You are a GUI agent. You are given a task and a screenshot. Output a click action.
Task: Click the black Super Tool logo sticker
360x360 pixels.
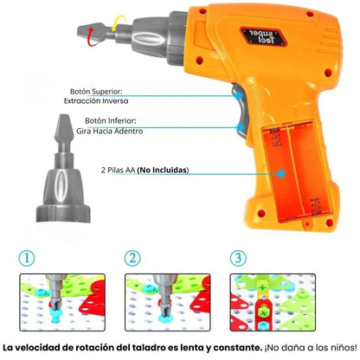click(263, 36)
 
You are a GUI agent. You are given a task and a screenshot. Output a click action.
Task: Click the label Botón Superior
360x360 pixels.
click(96, 92)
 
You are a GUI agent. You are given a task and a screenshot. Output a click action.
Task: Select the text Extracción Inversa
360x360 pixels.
click(96, 101)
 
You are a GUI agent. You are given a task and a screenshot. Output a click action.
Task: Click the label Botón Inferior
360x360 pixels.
click(111, 120)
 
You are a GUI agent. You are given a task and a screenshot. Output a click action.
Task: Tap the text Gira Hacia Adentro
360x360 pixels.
click(110, 131)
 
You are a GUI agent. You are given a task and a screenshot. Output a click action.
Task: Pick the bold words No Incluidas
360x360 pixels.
click(163, 170)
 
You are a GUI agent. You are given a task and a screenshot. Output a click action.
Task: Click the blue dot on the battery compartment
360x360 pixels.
click(281, 174)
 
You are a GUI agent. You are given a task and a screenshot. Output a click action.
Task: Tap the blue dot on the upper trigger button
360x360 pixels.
click(239, 95)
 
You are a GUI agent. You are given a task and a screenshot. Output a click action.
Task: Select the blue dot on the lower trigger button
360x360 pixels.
click(240, 127)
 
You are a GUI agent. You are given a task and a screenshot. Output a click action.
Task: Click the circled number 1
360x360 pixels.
click(27, 258)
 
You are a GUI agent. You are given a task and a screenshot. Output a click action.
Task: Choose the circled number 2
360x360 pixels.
click(132, 258)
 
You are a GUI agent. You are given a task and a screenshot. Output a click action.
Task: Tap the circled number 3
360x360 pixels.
click(238, 258)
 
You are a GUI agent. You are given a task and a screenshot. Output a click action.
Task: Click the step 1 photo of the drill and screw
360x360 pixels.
click(62, 302)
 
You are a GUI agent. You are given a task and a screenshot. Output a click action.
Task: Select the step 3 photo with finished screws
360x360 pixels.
click(273, 302)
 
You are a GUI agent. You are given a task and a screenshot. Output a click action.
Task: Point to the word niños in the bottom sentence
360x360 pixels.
click(345, 348)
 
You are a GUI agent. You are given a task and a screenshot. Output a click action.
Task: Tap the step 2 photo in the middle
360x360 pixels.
click(168, 302)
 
